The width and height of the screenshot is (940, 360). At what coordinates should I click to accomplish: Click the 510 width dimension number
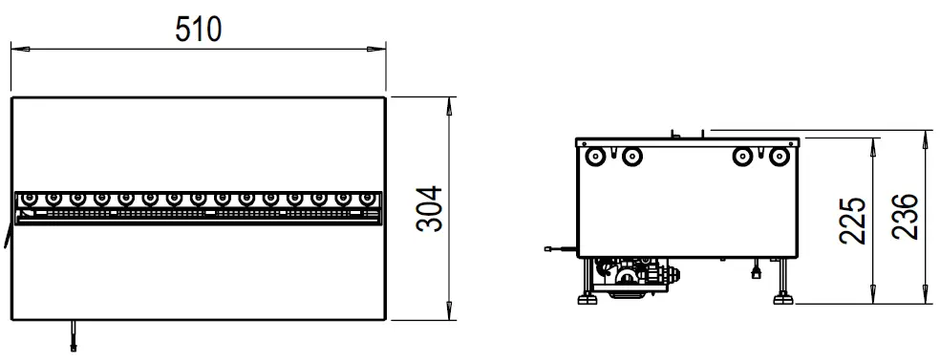198,30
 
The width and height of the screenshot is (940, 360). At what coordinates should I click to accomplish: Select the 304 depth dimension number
432,208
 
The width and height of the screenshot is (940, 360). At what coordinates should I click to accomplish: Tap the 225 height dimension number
854,222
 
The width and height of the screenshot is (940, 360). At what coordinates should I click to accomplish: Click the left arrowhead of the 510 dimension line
16,47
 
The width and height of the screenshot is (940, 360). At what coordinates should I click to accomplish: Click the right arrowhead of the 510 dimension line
379,47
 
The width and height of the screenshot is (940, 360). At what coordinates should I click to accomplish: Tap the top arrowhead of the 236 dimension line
926,136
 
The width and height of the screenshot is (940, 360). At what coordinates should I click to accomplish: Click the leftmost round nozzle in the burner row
30,199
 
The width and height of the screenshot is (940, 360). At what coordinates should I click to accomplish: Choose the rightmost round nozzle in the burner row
367,199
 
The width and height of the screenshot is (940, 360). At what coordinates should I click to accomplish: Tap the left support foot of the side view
584,298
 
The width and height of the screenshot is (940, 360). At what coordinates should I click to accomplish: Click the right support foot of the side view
783,298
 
